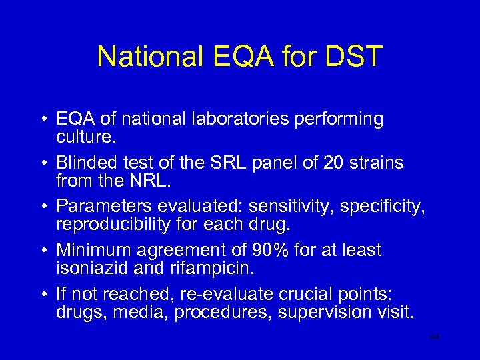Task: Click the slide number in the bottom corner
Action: pos(435,337)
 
